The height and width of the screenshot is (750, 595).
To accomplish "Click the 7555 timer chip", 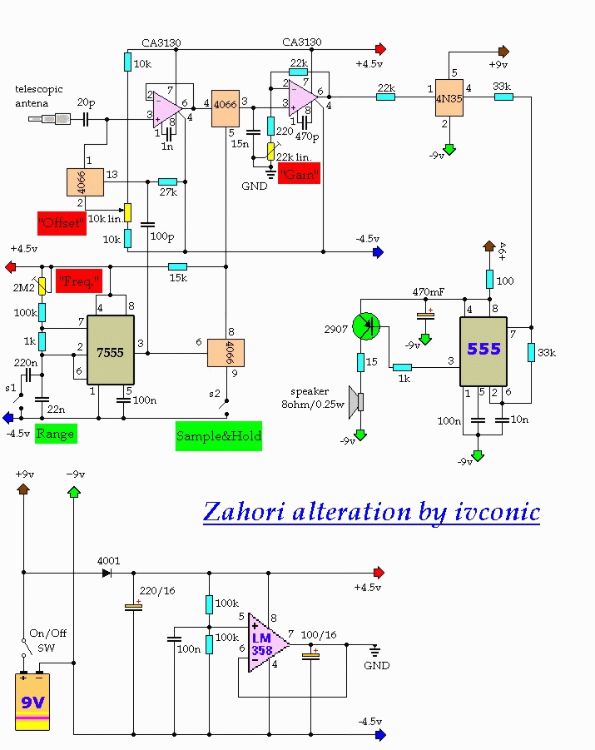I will click(111, 350).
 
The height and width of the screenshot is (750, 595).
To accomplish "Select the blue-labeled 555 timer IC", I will click(483, 350).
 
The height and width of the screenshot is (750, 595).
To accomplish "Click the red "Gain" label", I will click(300, 174).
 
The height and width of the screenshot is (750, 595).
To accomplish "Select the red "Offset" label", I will click(62, 223).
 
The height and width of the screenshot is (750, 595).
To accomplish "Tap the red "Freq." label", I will click(78, 281).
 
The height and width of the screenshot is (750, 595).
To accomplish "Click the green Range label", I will click(55, 433).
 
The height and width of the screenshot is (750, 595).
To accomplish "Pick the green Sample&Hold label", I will click(219, 435).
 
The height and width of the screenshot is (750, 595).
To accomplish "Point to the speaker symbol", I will click(357, 402).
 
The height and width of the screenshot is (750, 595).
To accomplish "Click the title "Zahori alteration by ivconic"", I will click(371, 512).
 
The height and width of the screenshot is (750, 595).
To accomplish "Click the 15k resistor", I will click(177, 267).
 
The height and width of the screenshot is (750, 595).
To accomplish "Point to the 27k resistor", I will click(167, 181).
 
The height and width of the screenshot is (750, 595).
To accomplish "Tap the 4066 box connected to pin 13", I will click(85, 181).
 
